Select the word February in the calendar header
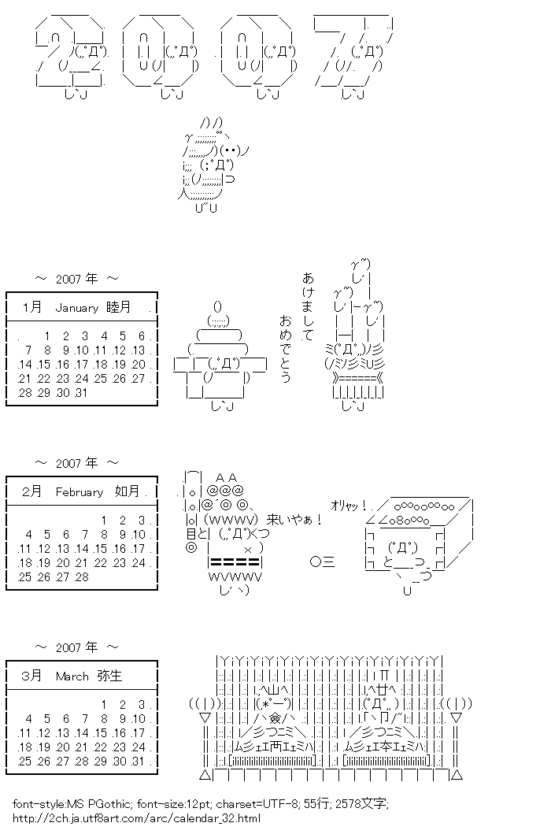[x=80, y=492]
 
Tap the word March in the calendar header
[x=72, y=676]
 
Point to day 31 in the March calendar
[x=140, y=762]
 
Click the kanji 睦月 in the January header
[x=119, y=308]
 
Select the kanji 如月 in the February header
[x=126, y=492]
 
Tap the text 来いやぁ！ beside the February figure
[x=295, y=520]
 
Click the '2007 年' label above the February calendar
[x=77, y=463]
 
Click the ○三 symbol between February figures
[x=323, y=562]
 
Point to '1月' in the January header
[x=33, y=308]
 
